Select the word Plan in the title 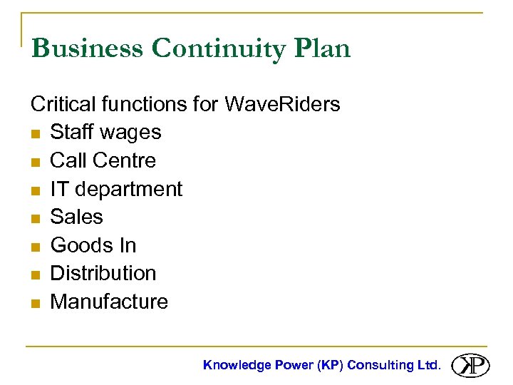tap(323, 48)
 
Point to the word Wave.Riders tap(282, 104)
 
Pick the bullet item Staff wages tap(105, 133)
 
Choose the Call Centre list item tap(103, 160)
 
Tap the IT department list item tap(116, 189)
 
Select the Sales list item tap(76, 217)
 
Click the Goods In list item tap(93, 245)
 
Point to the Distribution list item tap(103, 273)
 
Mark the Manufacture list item tap(109, 302)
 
